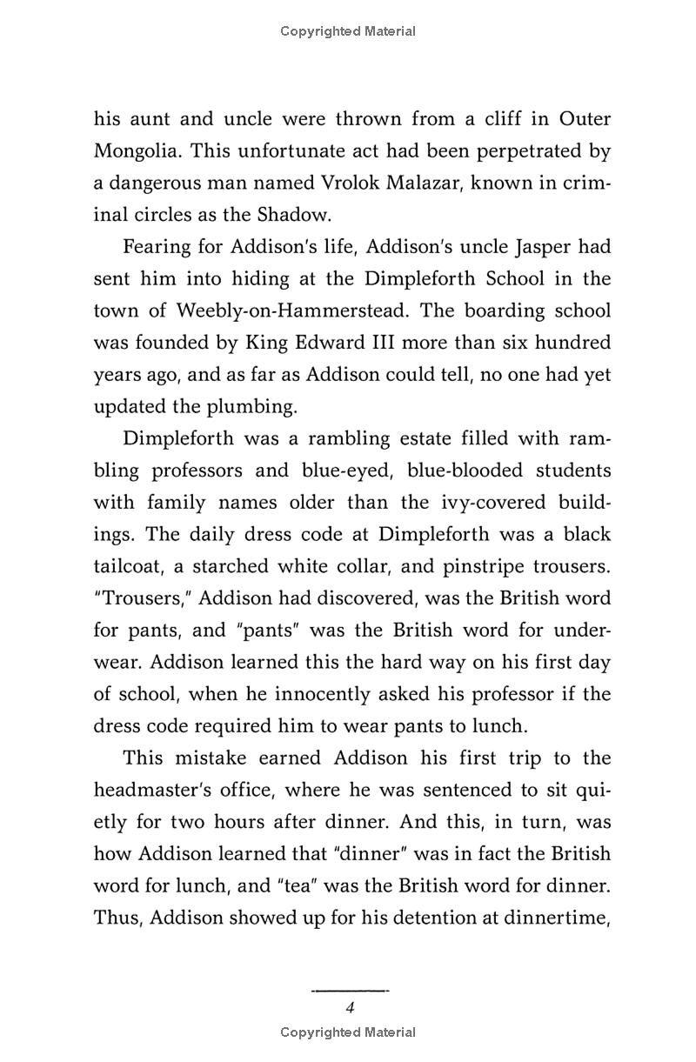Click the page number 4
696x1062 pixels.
click(x=349, y=1008)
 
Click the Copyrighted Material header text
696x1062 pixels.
click(x=348, y=31)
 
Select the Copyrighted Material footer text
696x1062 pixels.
click(x=348, y=1032)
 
